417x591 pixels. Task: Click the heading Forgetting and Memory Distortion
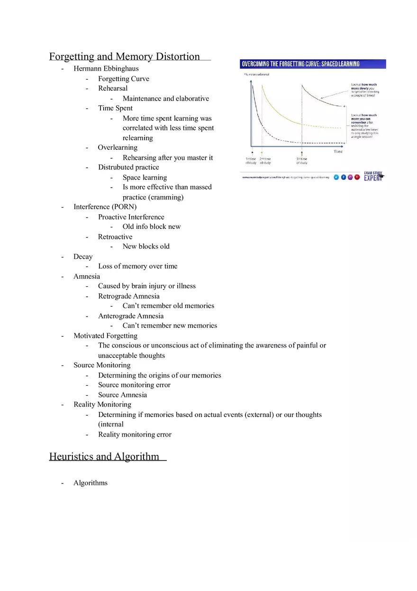pyautogui.click(x=125, y=57)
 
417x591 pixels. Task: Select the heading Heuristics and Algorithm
pyautogui.click(x=104, y=456)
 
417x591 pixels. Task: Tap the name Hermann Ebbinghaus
pyautogui.click(x=106, y=69)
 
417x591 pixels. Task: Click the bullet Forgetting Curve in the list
pyautogui.click(x=123, y=79)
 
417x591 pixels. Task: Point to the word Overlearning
pyautogui.click(x=118, y=147)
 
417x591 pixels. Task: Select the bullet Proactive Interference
pyautogui.click(x=131, y=217)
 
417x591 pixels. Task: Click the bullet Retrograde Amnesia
pyautogui.click(x=128, y=296)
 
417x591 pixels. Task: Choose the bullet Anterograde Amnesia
pyautogui.click(x=131, y=316)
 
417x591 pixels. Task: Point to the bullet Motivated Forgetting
pyautogui.click(x=105, y=336)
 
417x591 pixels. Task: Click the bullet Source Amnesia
pyautogui.click(x=122, y=395)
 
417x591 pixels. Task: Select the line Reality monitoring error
pyautogui.click(x=135, y=435)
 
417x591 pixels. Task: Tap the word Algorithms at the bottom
pyautogui.click(x=90, y=483)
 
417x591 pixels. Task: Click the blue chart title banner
pyautogui.click(x=313, y=64)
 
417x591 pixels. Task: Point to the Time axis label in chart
pyautogui.click(x=338, y=152)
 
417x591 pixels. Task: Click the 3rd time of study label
pyautogui.click(x=302, y=161)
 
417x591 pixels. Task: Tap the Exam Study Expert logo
pyautogui.click(x=373, y=176)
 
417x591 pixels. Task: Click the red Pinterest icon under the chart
pyautogui.click(x=357, y=177)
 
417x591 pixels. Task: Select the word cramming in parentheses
pyautogui.click(x=165, y=197)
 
